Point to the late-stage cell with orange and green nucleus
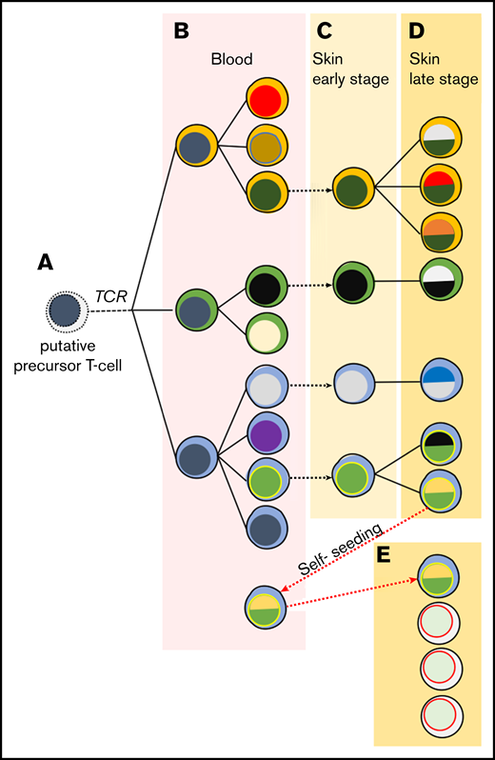pos(440,230)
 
